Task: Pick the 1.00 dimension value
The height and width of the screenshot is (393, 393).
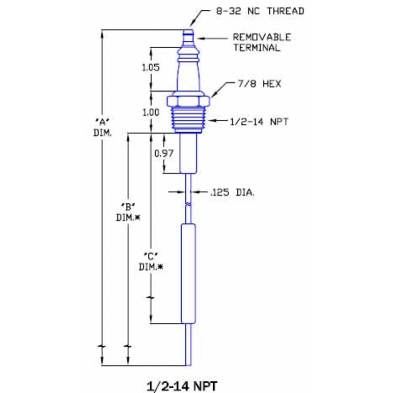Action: pos(150,112)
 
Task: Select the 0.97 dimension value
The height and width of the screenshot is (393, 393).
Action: pos(163,153)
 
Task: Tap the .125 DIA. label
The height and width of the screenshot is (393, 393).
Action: pos(232,193)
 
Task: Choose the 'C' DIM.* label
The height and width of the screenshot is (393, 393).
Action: pos(150,261)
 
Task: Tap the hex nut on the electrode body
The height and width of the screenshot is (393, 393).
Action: pos(188,101)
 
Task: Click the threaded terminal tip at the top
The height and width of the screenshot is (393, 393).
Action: pos(188,35)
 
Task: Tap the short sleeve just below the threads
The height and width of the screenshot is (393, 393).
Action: pos(188,153)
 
